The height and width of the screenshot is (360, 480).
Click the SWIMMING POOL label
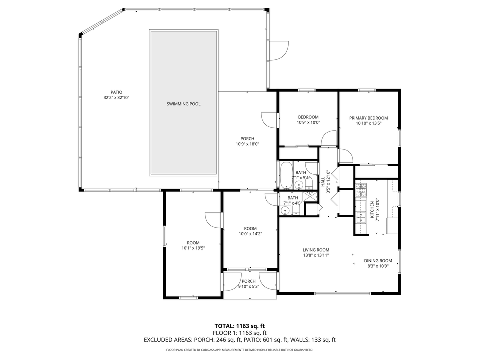[183, 104]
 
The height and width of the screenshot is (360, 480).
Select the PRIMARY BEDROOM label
[368, 118]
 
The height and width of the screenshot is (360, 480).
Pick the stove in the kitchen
[361, 191]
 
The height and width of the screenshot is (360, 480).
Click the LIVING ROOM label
[316, 250]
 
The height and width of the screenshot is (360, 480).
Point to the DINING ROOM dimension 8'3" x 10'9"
[378, 266]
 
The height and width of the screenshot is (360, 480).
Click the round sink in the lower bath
[286, 210]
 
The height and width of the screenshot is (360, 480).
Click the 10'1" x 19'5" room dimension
[193, 248]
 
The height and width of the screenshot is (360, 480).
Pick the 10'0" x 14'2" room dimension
[250, 234]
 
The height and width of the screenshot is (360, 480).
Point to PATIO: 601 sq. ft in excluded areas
[285, 340]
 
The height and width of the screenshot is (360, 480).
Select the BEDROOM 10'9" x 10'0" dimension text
[308, 122]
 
